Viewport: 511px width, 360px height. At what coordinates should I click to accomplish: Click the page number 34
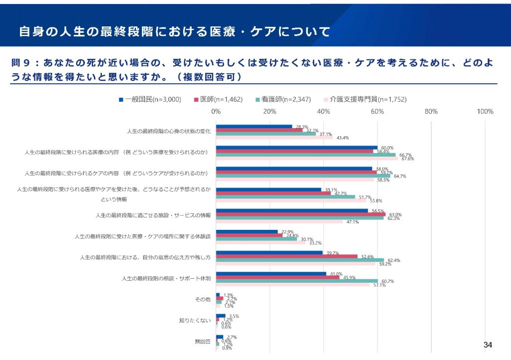click(488, 345)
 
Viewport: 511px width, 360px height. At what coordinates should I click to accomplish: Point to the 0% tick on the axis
click(216, 111)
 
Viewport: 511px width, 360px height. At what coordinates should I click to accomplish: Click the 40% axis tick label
click(323, 111)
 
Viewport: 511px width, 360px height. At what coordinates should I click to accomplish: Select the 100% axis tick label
click(485, 111)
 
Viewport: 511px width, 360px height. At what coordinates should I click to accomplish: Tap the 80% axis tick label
click(431, 111)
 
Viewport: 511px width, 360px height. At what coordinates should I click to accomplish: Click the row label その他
click(203, 300)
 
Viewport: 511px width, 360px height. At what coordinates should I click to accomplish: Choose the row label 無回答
click(203, 342)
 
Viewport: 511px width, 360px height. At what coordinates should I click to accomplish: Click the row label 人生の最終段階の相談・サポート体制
click(166, 278)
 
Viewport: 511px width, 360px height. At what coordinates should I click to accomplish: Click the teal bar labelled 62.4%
click(300, 260)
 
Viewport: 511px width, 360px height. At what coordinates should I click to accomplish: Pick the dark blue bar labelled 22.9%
click(247, 231)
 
